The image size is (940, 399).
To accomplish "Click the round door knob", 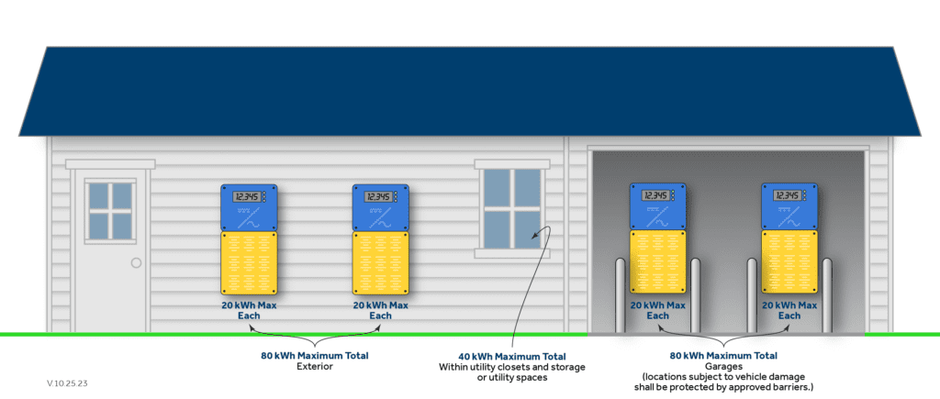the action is click(136, 262).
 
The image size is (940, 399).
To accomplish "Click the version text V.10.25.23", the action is click(67, 382).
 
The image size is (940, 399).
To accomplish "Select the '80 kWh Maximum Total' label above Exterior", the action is click(315, 356).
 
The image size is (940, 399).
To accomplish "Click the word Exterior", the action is click(315, 367).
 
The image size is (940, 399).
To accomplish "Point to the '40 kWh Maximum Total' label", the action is click(512, 357).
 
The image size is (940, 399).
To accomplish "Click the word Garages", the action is click(723, 366).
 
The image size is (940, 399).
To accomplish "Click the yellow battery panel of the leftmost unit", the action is click(249, 263).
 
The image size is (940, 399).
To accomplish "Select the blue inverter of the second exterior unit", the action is click(380, 207).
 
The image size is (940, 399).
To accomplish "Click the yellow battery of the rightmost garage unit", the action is click(789, 261).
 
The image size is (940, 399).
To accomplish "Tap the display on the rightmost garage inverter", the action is click(786, 195).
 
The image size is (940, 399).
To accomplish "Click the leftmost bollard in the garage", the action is click(621, 295).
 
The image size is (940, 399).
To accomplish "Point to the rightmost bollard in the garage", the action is click(827, 295).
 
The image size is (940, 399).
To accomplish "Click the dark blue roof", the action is click(469, 91).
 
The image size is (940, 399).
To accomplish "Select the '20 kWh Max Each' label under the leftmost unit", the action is click(249, 310).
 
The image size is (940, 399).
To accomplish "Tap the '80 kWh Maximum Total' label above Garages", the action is click(723, 356).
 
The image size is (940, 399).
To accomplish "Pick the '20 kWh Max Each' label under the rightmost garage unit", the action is click(789, 310).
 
